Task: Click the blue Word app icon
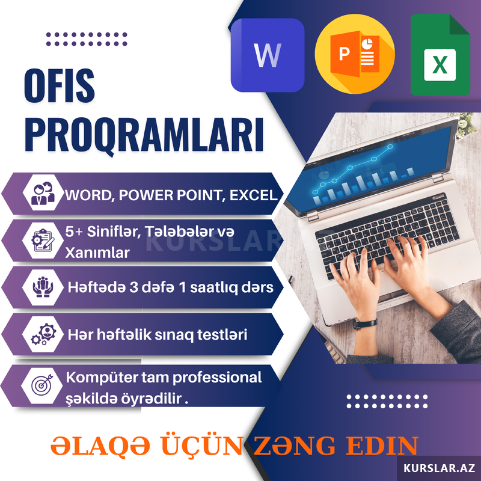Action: (x=268, y=55)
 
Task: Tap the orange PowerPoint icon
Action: (x=355, y=54)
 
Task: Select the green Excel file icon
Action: (x=440, y=55)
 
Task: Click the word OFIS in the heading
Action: (x=59, y=85)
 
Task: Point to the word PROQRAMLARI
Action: (x=144, y=135)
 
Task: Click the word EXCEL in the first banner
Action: (x=253, y=195)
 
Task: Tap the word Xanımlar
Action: (x=97, y=253)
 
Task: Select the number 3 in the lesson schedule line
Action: (x=133, y=287)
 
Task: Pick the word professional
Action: (x=217, y=378)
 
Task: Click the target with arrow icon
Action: (x=42, y=385)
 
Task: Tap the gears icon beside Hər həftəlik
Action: (x=43, y=334)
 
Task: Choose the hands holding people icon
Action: (x=43, y=287)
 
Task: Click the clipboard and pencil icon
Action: (x=43, y=240)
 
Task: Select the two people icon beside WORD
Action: (x=43, y=193)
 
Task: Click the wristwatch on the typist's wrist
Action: (x=364, y=323)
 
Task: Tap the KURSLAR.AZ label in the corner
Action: (x=439, y=468)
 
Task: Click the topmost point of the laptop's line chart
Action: (x=390, y=147)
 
